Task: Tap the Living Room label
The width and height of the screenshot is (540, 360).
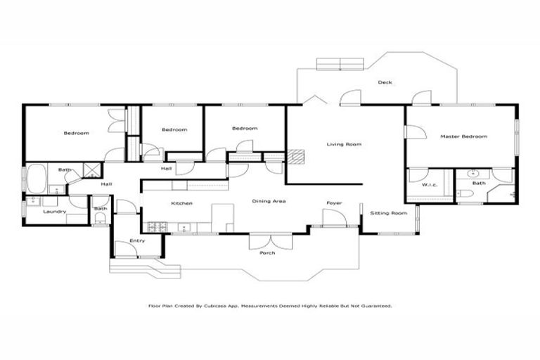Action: click(344, 144)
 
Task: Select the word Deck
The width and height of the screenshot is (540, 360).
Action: click(385, 82)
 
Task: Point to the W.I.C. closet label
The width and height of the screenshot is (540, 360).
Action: click(430, 184)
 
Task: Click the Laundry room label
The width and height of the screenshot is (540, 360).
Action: click(54, 211)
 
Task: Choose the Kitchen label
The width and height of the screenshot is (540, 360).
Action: click(181, 203)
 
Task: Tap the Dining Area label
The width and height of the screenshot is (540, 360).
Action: click(269, 202)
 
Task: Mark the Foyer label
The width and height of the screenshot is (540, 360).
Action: click(333, 203)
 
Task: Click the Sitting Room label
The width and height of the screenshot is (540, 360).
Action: click(389, 212)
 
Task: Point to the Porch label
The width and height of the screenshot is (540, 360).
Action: click(267, 252)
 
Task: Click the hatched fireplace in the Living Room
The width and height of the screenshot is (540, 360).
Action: click(298, 157)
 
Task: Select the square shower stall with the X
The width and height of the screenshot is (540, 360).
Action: click(91, 169)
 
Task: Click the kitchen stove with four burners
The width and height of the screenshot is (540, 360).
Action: click(155, 226)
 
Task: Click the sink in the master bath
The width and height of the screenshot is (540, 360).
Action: click(472, 172)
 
